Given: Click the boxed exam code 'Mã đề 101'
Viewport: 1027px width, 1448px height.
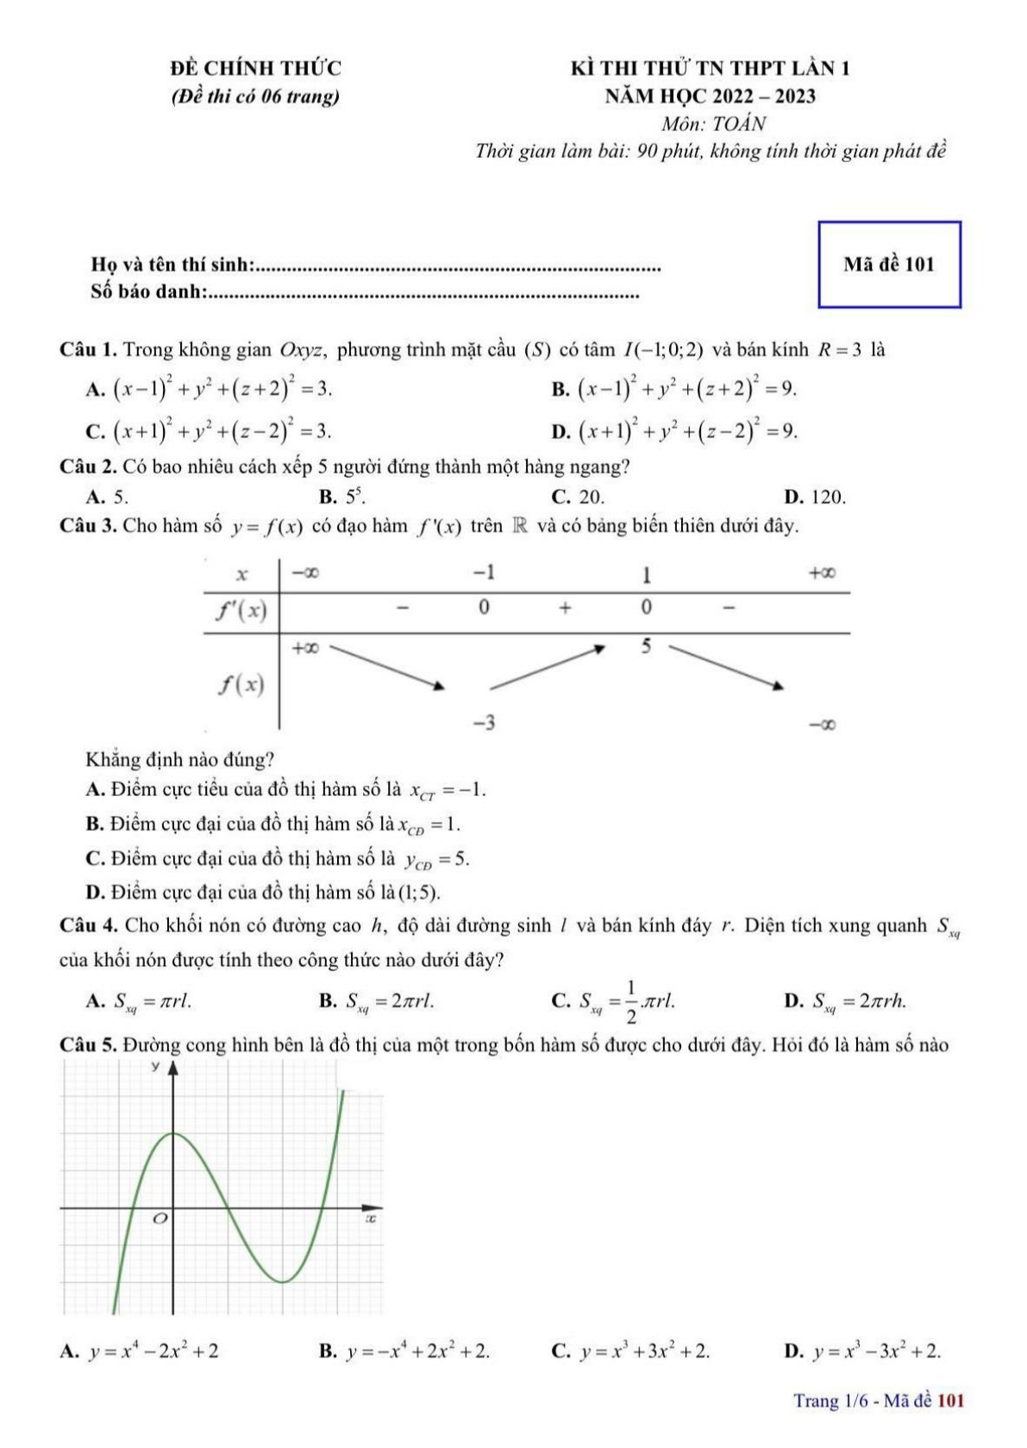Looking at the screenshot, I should pyautogui.click(x=888, y=265).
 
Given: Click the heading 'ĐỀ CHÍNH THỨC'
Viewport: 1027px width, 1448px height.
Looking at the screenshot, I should pyautogui.click(x=255, y=68).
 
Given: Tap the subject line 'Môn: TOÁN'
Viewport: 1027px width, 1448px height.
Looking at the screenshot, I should pyautogui.click(x=713, y=123).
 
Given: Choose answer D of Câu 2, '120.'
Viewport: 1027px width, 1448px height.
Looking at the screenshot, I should pyautogui.click(x=816, y=497).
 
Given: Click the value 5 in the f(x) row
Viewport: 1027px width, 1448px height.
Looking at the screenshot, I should pyautogui.click(x=647, y=646).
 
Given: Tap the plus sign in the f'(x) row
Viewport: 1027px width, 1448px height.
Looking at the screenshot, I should pyautogui.click(x=564, y=608).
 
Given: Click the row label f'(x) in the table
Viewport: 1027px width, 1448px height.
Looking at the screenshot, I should pyautogui.click(x=241, y=611).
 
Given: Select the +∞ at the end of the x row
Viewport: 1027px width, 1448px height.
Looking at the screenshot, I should pyautogui.click(x=821, y=574).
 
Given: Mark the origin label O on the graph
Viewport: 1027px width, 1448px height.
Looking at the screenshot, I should pyautogui.click(x=160, y=1219).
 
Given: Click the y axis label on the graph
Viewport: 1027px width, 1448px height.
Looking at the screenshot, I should pyautogui.click(x=155, y=1068).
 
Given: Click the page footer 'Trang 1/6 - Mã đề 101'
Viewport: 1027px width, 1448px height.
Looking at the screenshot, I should pyautogui.click(x=878, y=1401).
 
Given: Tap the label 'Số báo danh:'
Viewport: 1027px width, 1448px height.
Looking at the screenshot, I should pyautogui.click(x=147, y=292).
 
